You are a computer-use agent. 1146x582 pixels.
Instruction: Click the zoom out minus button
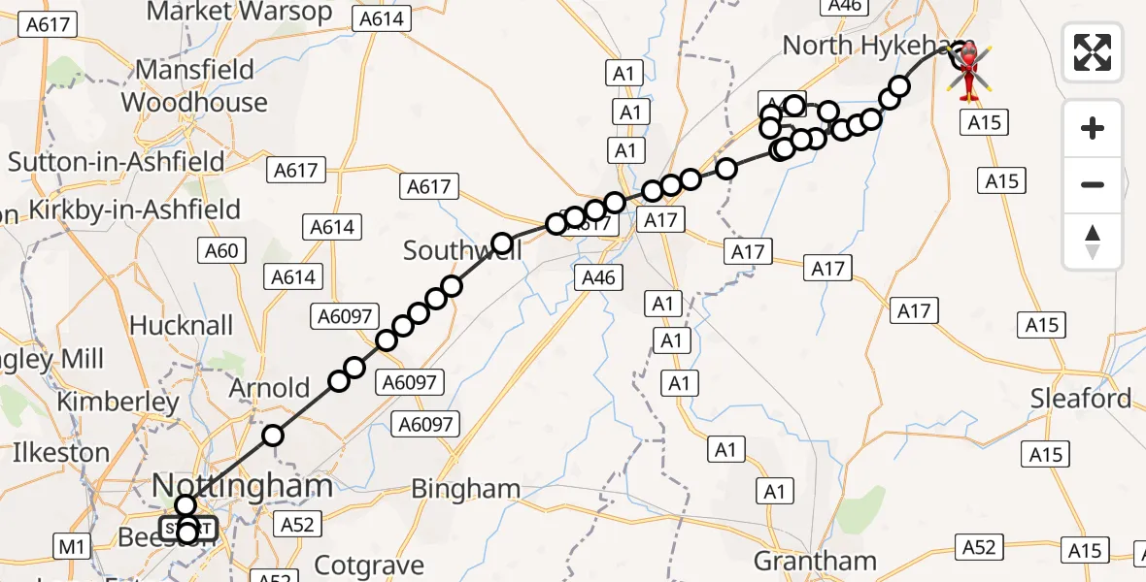(x=1093, y=184)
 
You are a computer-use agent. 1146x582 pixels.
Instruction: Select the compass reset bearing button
(x=1093, y=241)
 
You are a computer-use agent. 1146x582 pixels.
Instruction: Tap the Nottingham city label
(x=243, y=486)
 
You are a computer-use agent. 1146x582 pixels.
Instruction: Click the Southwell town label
(x=462, y=251)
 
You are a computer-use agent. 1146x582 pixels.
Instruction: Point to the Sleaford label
(x=1081, y=399)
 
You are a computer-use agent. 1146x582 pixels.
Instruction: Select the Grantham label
(x=815, y=561)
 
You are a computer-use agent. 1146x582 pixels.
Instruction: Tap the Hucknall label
(x=182, y=325)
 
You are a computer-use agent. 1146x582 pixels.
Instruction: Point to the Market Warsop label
(x=238, y=13)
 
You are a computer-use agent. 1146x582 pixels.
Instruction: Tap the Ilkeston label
(x=60, y=452)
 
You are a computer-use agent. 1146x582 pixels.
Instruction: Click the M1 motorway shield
(x=72, y=546)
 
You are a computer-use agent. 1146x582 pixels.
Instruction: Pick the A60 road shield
(x=221, y=251)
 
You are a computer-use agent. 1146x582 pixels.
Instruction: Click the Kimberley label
(x=118, y=402)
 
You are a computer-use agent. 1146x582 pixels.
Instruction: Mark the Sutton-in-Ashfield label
(x=117, y=161)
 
